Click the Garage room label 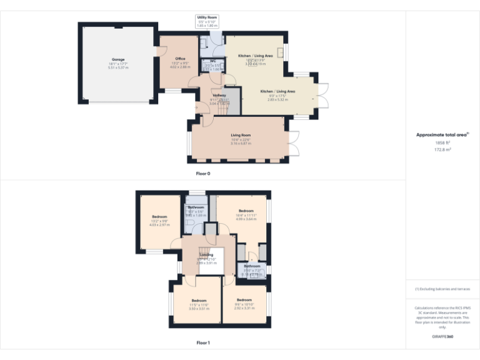118,59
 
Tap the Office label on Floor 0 180,59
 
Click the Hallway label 219,95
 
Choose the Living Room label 241,135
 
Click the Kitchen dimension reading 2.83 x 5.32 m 277,99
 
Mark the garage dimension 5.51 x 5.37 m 118,67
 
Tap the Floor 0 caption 202,173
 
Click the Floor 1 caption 202,342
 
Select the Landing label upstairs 206,254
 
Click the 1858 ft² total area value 442,143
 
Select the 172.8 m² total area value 442,150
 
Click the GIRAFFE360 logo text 442,337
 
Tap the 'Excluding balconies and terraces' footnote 442,289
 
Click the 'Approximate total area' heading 442,134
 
